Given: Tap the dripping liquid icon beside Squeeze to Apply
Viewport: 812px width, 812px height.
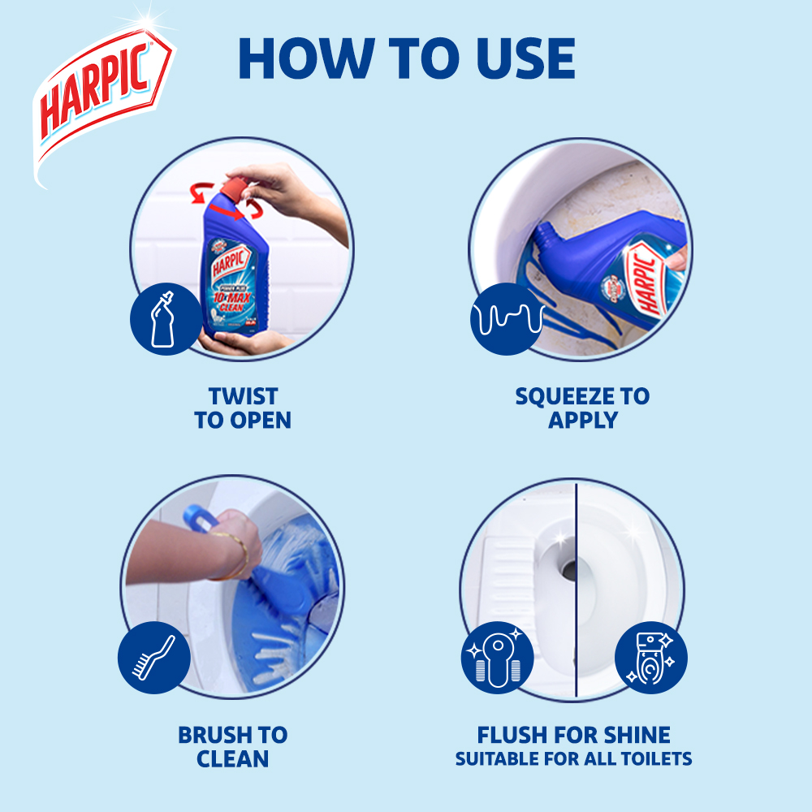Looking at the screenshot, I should (506, 318).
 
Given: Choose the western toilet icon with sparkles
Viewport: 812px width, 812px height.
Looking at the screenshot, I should (651, 658).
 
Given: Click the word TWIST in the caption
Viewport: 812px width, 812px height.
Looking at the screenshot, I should (243, 396).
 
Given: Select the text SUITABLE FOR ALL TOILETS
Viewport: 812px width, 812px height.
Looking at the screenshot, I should (573, 760).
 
